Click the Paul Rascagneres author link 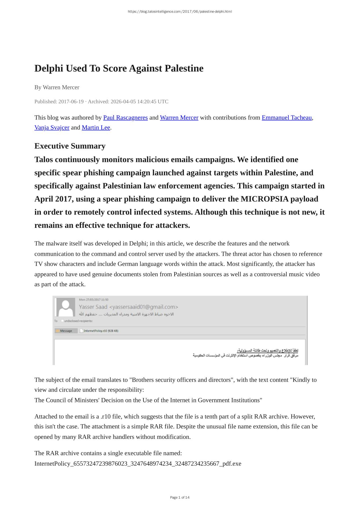125,118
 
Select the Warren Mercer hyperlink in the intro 179,118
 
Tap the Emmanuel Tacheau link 286,118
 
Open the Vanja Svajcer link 52,128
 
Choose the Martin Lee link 96,128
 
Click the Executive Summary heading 70,146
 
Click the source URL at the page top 180,12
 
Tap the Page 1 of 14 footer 180,497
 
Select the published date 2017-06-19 71,101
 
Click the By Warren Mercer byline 57,87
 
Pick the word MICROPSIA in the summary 265,199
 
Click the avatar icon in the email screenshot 66,307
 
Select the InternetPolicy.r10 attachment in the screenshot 99,331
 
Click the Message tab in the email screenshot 66,331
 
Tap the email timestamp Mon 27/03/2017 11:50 94,300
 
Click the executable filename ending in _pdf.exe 138,463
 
